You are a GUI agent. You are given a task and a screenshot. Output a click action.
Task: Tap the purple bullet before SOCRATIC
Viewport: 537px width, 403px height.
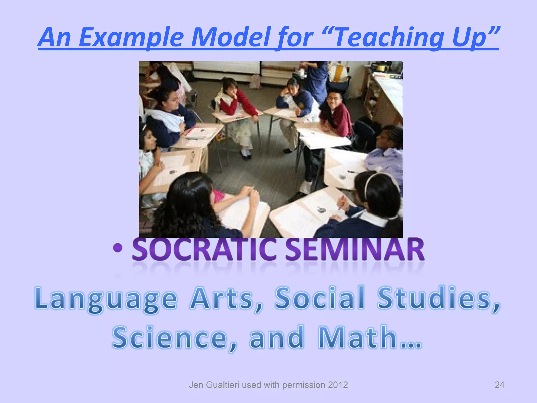[118, 248]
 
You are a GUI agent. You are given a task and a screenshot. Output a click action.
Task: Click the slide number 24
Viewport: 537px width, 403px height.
[499, 385]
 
